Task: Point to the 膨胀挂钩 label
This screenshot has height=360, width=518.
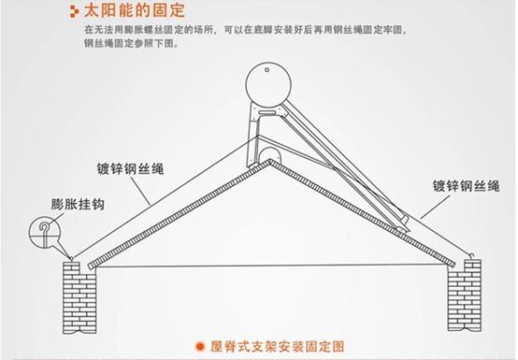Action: click(x=78, y=203)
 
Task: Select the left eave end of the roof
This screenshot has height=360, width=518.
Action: click(x=85, y=266)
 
